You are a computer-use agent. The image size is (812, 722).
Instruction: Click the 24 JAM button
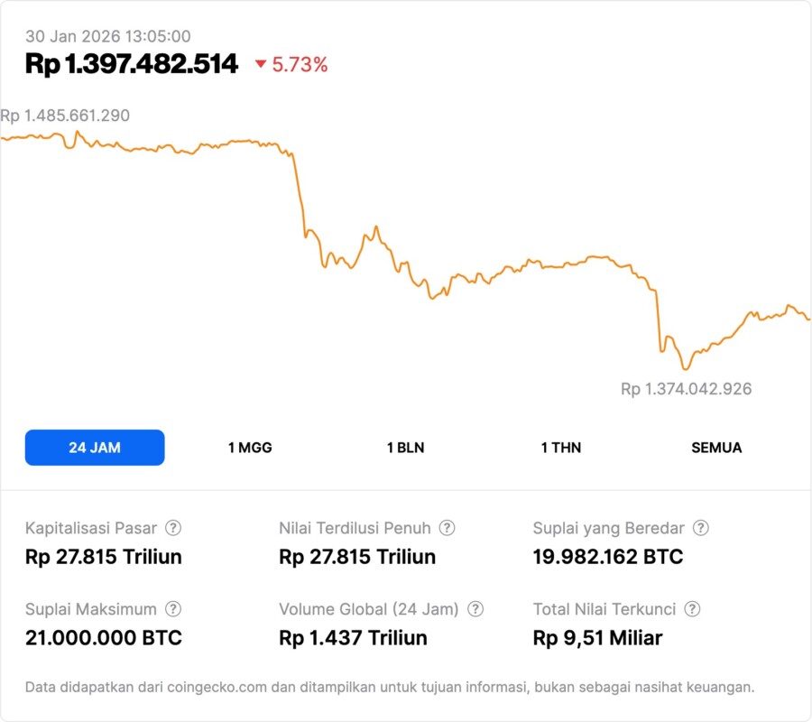(x=95, y=448)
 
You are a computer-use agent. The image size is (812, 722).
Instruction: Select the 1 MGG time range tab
(x=250, y=448)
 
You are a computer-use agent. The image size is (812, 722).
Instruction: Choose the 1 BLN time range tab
(x=405, y=448)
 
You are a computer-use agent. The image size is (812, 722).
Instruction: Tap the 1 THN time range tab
(x=561, y=448)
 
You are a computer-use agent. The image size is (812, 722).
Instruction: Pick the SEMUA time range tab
(x=716, y=448)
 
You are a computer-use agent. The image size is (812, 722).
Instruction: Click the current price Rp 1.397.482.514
(x=132, y=64)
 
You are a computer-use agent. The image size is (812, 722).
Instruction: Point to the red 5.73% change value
(x=300, y=65)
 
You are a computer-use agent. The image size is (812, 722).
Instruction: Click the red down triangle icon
(x=261, y=64)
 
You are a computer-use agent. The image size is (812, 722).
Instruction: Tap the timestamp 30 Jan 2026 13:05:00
(x=107, y=36)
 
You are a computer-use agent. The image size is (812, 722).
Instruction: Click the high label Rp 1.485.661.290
(x=65, y=116)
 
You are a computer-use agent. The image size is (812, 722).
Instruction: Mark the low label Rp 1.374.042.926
(x=686, y=389)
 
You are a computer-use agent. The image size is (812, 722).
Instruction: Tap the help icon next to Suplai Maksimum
(x=173, y=609)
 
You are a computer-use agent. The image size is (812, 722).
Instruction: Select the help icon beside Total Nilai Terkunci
(x=692, y=609)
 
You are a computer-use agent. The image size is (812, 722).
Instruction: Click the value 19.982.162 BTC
(x=607, y=557)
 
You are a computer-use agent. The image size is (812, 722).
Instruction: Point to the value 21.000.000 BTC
(x=104, y=638)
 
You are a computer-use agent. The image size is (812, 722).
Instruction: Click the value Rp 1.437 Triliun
(x=353, y=638)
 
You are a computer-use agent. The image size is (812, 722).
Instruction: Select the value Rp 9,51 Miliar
(x=597, y=638)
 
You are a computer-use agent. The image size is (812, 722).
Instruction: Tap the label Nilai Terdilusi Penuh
(x=355, y=528)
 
